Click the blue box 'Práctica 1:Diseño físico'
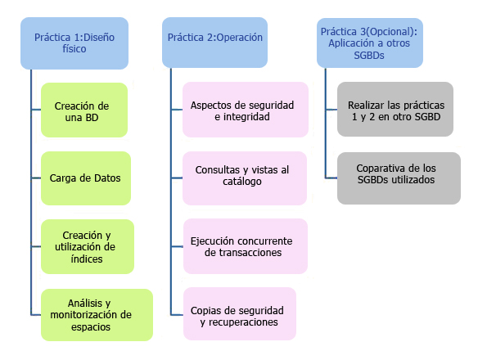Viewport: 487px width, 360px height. (74, 43)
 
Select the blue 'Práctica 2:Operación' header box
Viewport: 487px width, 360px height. (215, 43)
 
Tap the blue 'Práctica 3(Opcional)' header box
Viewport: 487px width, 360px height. (370, 43)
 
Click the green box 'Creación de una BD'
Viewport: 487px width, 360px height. (84, 110)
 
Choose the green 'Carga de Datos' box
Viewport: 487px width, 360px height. (86, 178)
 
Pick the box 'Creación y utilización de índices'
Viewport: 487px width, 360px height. (88, 247)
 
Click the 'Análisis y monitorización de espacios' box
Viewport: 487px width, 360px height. (97, 315)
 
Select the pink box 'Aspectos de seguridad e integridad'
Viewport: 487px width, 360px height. (246, 110)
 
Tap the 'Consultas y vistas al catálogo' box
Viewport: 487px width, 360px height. (245, 178)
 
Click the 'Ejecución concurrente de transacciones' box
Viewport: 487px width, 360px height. (246, 246)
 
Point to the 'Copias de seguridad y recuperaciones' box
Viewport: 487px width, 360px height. (240, 313)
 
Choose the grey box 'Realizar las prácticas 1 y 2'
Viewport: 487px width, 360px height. (395, 110)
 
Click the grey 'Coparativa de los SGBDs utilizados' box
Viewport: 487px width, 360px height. (399, 178)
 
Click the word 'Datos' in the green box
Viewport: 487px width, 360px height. (107, 178)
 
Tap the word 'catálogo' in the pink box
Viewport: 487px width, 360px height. (242, 182)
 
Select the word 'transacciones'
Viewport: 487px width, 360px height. (243, 253)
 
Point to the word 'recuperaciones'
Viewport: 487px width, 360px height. (243, 322)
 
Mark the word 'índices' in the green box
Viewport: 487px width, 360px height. (86, 259)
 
